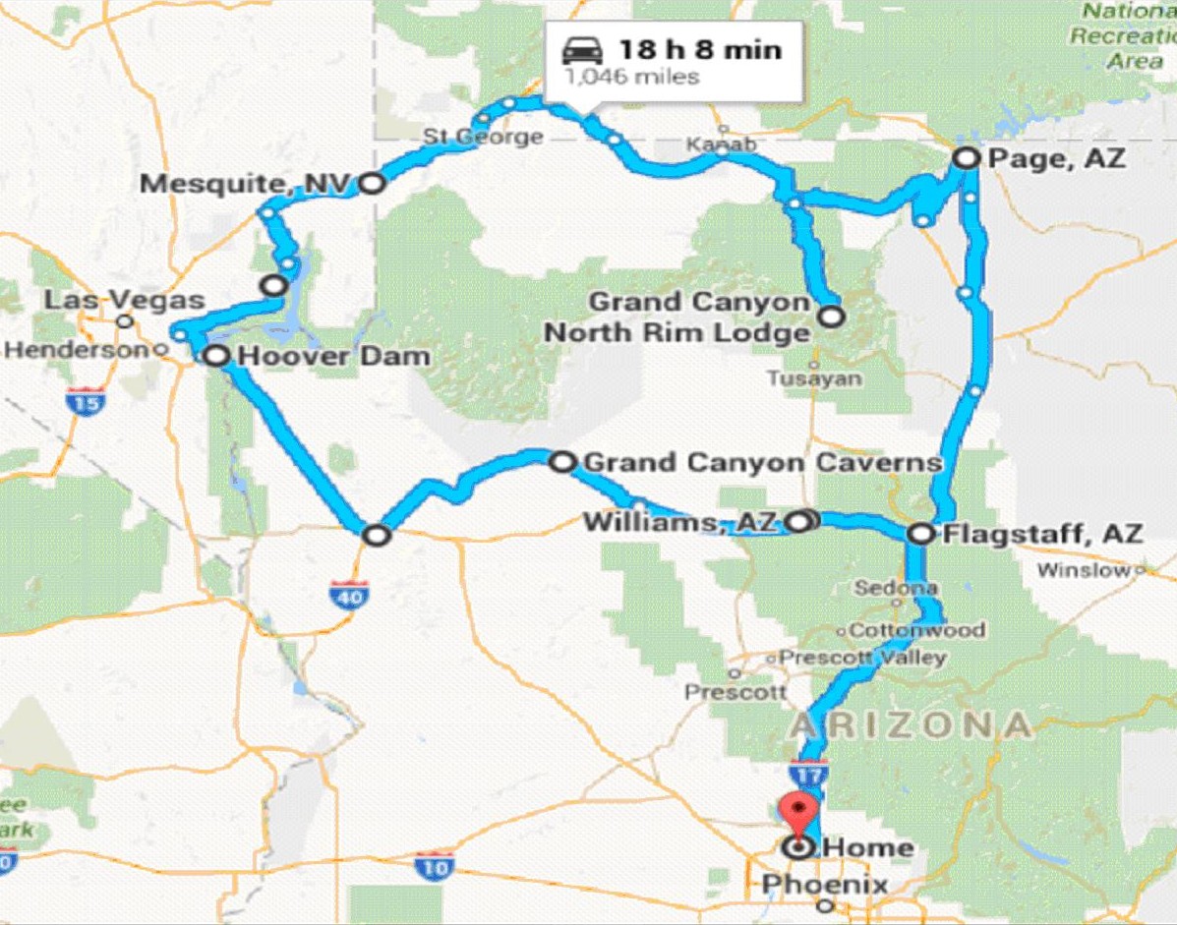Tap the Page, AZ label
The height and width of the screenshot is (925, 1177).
(1056, 158)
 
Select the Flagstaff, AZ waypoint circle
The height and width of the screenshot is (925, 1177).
(920, 534)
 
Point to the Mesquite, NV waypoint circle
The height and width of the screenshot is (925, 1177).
(371, 182)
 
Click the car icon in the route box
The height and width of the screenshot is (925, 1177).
(581, 50)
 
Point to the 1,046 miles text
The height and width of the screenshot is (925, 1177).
(630, 76)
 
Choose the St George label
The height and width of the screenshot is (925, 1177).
(483, 136)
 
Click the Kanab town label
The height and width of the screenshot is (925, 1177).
(721, 145)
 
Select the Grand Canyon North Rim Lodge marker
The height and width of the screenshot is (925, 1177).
(832, 317)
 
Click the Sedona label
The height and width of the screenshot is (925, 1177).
(890, 589)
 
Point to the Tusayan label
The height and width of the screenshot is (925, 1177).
(815, 378)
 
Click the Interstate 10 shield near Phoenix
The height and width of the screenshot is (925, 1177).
(434, 867)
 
